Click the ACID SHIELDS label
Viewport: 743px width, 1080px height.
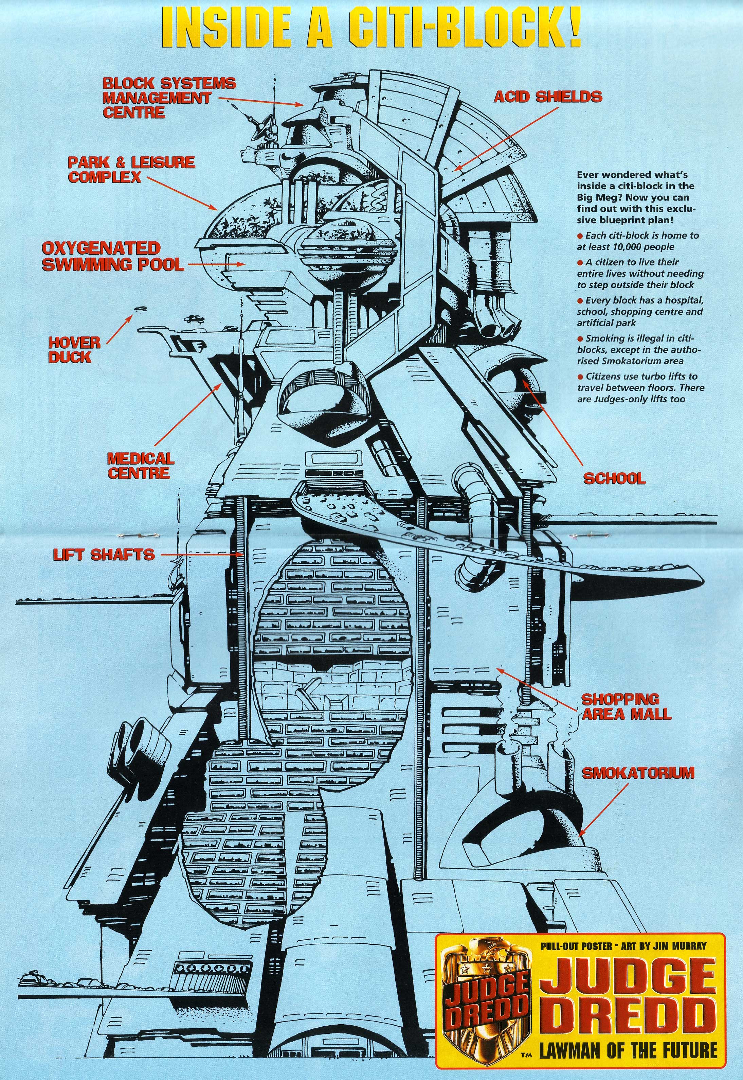tap(547, 97)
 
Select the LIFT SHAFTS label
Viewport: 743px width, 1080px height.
tap(103, 555)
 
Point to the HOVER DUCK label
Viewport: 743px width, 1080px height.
tap(74, 350)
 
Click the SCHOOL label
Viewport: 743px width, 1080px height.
tap(614, 478)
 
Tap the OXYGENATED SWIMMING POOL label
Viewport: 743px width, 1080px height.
tap(112, 256)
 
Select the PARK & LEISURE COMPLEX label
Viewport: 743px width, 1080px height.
tap(131, 170)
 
